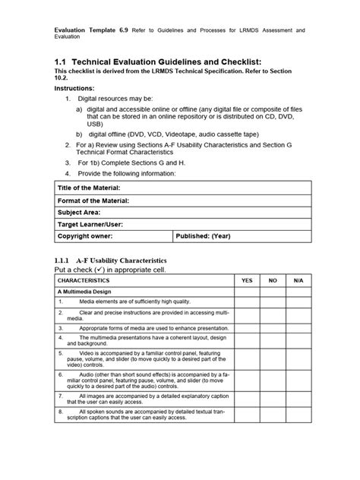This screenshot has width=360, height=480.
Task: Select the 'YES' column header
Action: pos(246,280)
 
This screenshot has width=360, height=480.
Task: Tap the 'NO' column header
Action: pos(272,280)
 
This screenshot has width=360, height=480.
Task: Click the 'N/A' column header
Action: pos(297,280)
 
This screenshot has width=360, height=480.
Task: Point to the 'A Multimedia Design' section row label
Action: pos(85,292)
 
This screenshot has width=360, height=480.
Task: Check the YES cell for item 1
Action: pos(246,302)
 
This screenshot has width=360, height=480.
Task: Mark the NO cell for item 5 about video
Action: pos(272,359)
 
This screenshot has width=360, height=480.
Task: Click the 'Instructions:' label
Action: pos(74,88)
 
